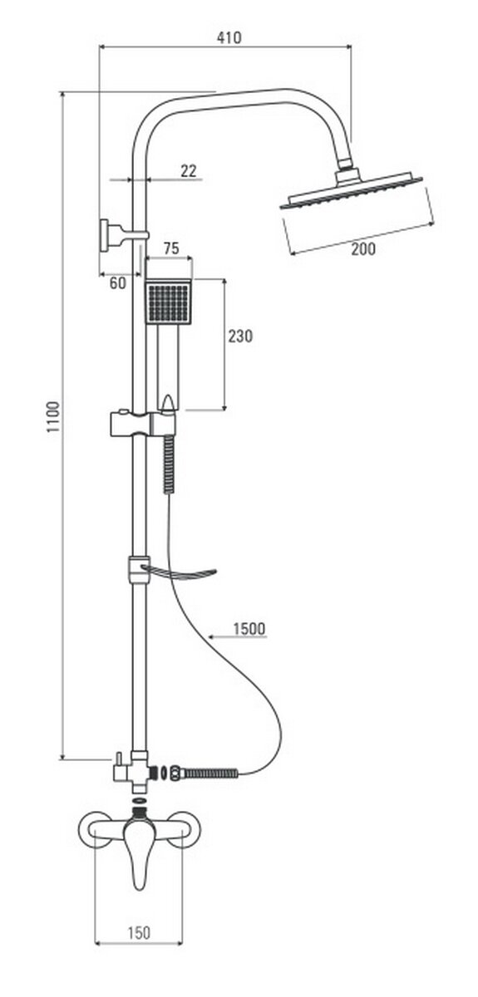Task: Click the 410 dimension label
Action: click(x=229, y=37)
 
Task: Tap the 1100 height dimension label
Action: click(x=53, y=417)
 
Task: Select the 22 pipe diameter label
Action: click(x=189, y=171)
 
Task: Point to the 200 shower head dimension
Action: click(x=363, y=248)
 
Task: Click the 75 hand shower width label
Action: click(x=171, y=248)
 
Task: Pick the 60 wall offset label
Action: click(x=117, y=283)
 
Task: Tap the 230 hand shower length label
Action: click(x=240, y=336)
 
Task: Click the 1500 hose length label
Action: click(x=249, y=628)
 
